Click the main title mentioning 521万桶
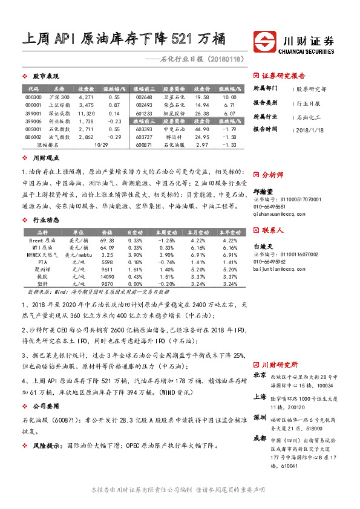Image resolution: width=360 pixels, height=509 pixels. coord(123,39)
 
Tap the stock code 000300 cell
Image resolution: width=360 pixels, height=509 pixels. coord(34,96)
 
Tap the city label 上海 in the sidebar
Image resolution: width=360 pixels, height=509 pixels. coord(260,397)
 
